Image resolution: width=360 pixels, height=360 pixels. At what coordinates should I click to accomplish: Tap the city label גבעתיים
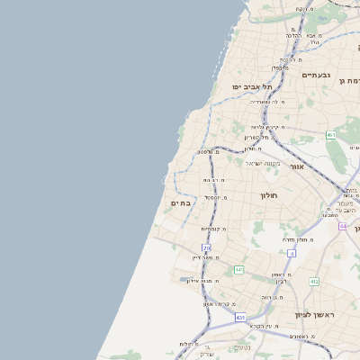coord(317,75)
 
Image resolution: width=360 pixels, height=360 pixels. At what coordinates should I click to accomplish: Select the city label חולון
coord(269,195)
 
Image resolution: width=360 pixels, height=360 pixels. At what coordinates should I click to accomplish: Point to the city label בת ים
coord(179,203)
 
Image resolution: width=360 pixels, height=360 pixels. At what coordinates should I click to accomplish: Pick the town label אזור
coord(297,166)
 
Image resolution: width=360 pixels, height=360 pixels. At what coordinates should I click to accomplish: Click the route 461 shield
coord(331,135)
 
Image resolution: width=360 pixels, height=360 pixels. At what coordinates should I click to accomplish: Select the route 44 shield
coord(343,226)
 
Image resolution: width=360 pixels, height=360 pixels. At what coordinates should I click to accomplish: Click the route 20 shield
coord(206,247)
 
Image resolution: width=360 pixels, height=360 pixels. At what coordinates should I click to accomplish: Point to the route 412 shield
coord(314,282)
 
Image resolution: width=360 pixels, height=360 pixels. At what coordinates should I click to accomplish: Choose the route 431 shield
coord(240,318)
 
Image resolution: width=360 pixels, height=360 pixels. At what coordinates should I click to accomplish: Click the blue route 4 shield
coord(292,254)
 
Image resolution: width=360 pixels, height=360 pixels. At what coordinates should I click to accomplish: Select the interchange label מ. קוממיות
coord(213,229)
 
